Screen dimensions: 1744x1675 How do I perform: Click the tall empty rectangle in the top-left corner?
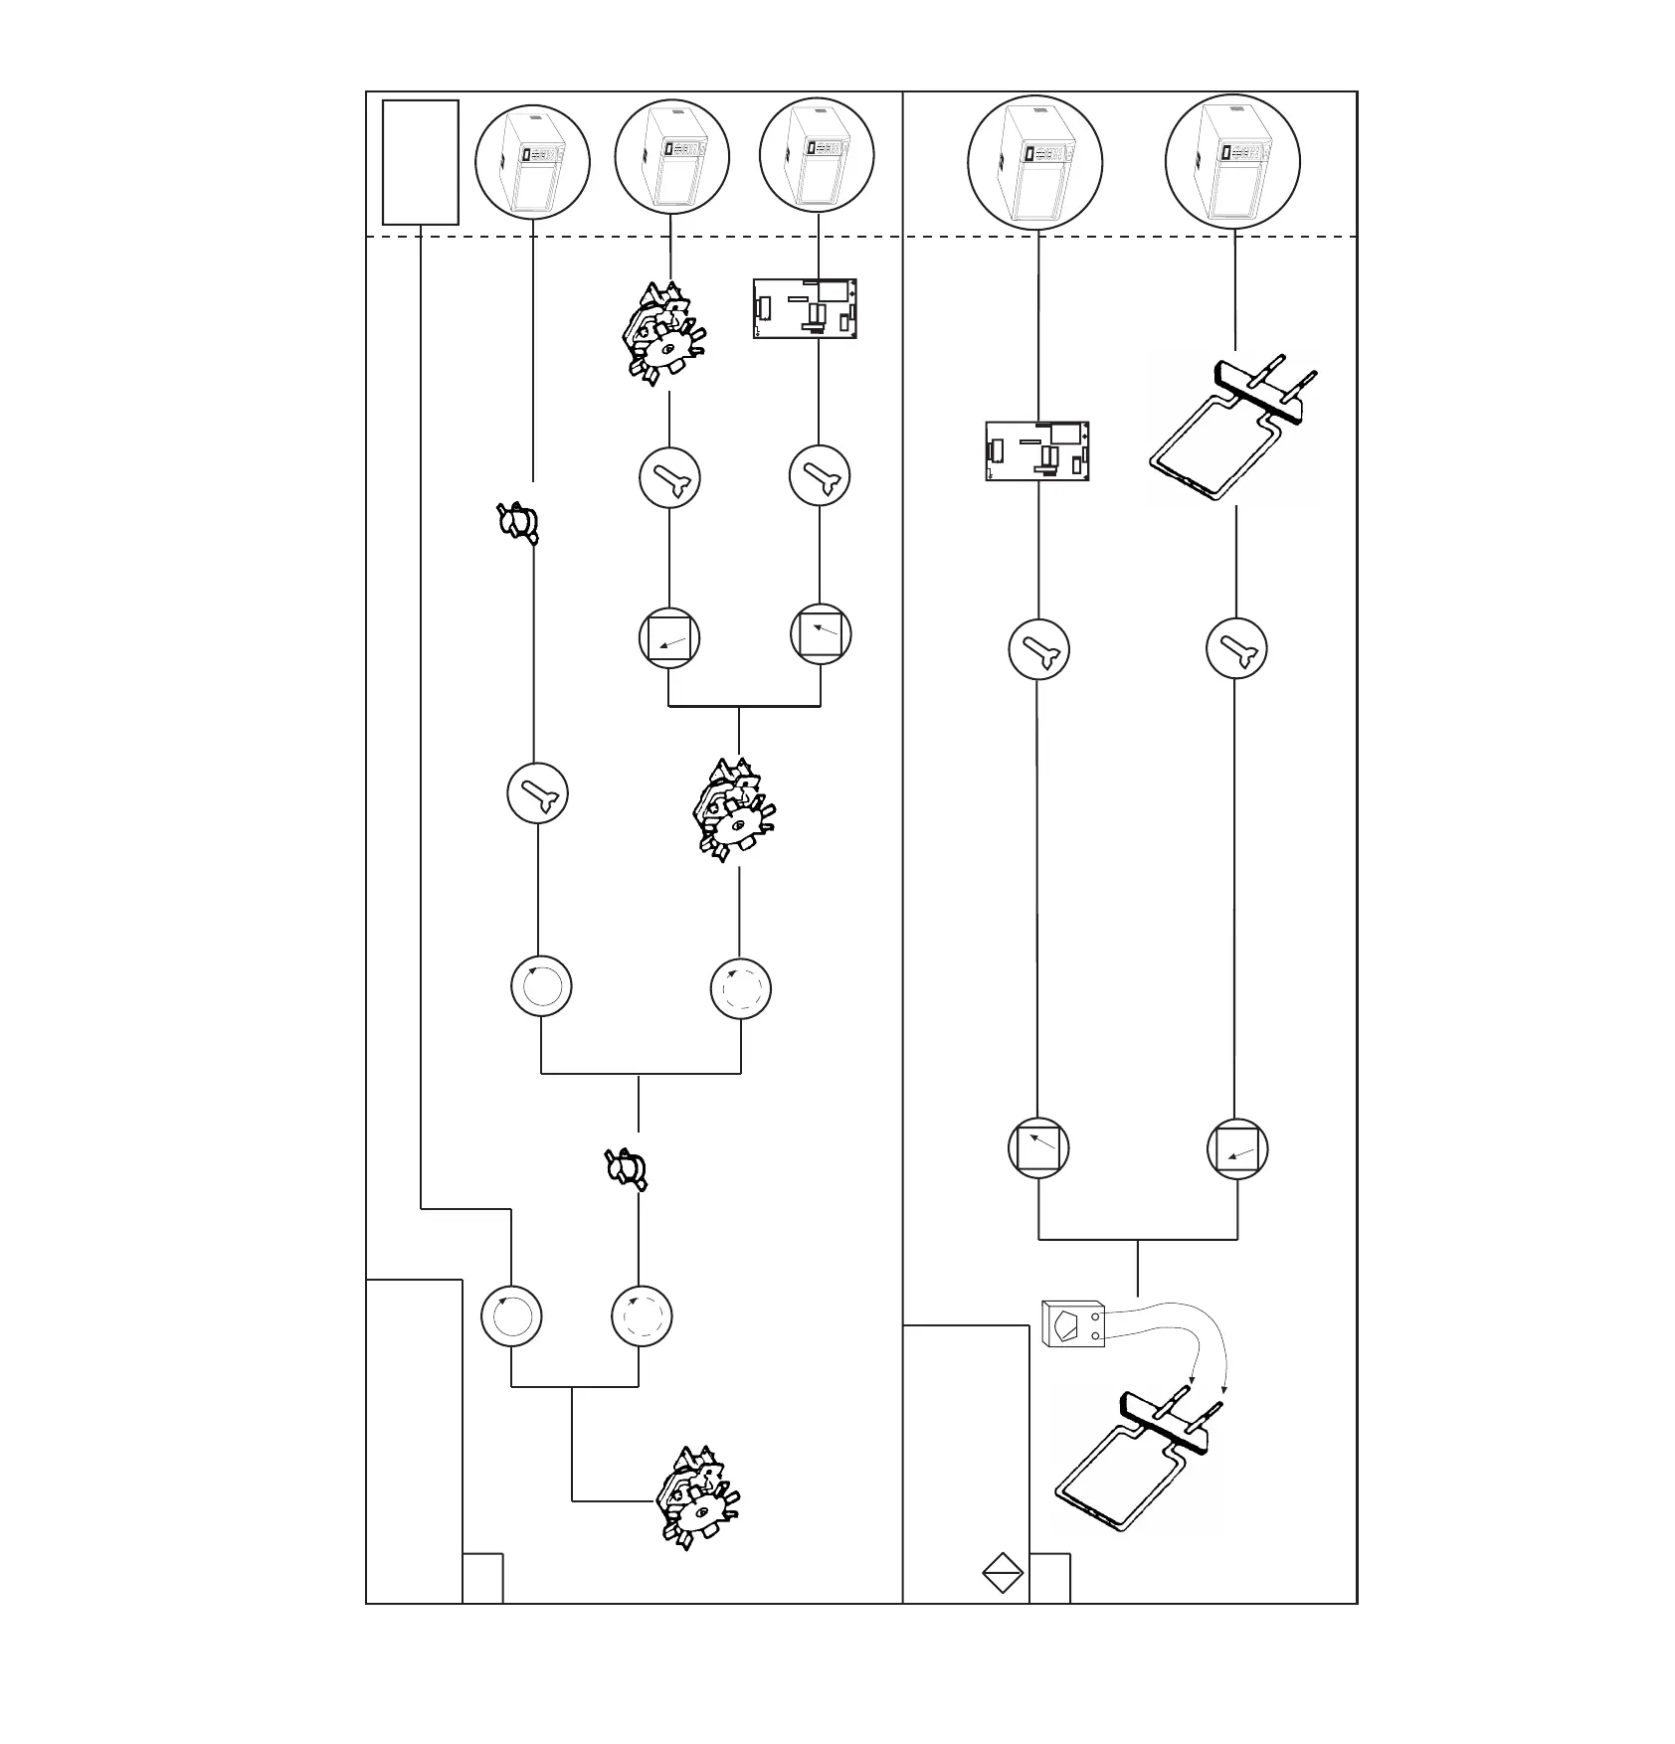click(421, 162)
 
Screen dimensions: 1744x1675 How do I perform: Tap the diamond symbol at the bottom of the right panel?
click(1002, 1573)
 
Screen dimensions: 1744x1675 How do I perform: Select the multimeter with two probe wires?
click(1072, 1324)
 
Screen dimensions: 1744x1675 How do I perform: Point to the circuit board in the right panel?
click(1036, 450)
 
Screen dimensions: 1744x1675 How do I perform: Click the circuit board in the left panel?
click(805, 309)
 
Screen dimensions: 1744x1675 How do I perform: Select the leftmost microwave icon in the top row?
click(532, 162)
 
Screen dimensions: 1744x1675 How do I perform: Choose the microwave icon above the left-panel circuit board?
click(817, 156)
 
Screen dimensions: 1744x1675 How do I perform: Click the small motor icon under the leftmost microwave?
click(518, 522)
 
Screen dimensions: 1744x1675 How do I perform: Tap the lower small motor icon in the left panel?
click(627, 1166)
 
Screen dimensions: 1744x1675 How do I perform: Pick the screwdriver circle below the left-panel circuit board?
click(820, 476)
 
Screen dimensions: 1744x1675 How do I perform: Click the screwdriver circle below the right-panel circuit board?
click(1038, 649)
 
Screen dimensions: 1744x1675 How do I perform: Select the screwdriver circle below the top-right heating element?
click(1236, 648)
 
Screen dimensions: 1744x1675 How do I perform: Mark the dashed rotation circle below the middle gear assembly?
click(741, 988)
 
